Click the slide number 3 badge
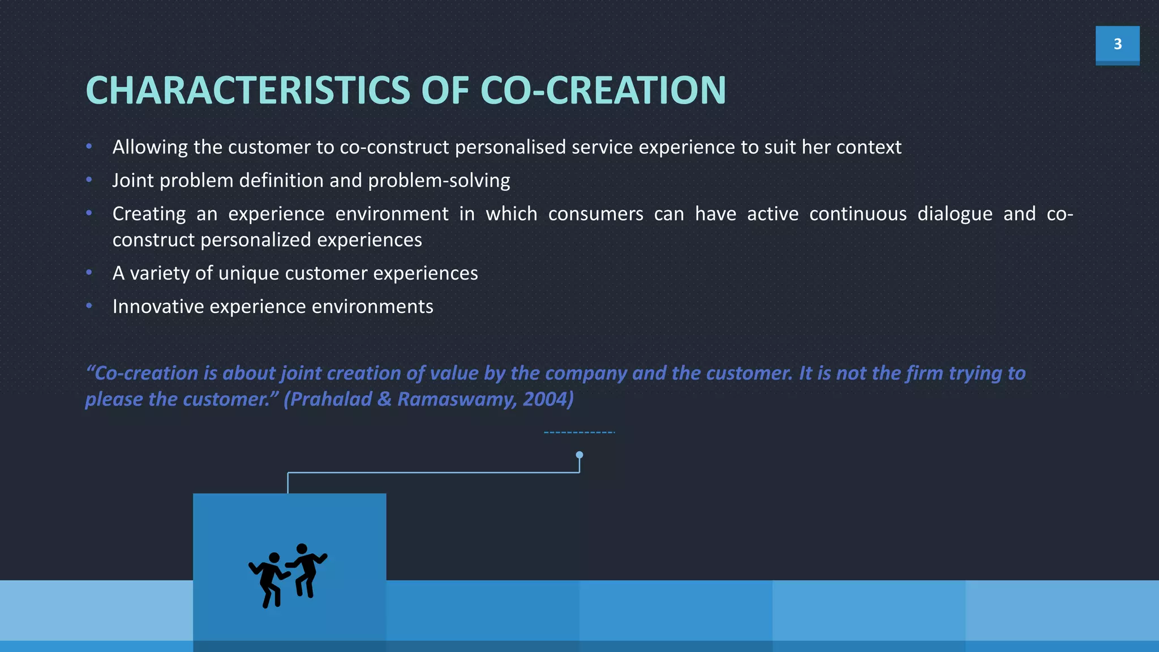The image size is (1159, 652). (1117, 44)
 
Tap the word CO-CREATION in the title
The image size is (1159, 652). (603, 91)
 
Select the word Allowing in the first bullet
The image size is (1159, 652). (150, 147)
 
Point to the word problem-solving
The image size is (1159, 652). (439, 181)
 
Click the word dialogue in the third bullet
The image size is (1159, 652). (955, 214)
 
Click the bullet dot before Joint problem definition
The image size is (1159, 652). (89, 180)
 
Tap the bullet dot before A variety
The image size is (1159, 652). (89, 273)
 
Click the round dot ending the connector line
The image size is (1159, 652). (579, 455)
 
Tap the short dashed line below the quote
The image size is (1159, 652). (579, 432)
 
